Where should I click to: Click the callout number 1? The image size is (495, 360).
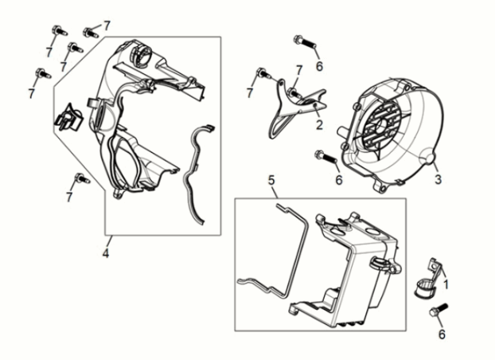pyautogui.click(x=446, y=284)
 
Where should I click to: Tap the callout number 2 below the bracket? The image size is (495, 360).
pyautogui.click(x=319, y=125)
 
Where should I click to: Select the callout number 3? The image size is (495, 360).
pyautogui.click(x=438, y=179)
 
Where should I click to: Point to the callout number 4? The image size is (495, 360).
pyautogui.click(x=105, y=252)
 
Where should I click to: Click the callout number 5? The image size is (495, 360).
pyautogui.click(x=271, y=180)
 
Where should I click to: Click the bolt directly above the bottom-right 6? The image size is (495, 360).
pyautogui.click(x=438, y=310)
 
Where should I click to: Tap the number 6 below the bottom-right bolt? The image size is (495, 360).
pyautogui.click(x=442, y=334)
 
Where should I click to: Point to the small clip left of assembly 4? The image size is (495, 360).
pyautogui.click(x=68, y=117)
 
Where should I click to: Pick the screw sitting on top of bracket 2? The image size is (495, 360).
pyautogui.click(x=294, y=93)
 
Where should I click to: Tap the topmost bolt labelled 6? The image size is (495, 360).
pyautogui.click(x=305, y=42)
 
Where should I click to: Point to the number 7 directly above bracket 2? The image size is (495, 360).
pyautogui.click(x=298, y=70)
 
